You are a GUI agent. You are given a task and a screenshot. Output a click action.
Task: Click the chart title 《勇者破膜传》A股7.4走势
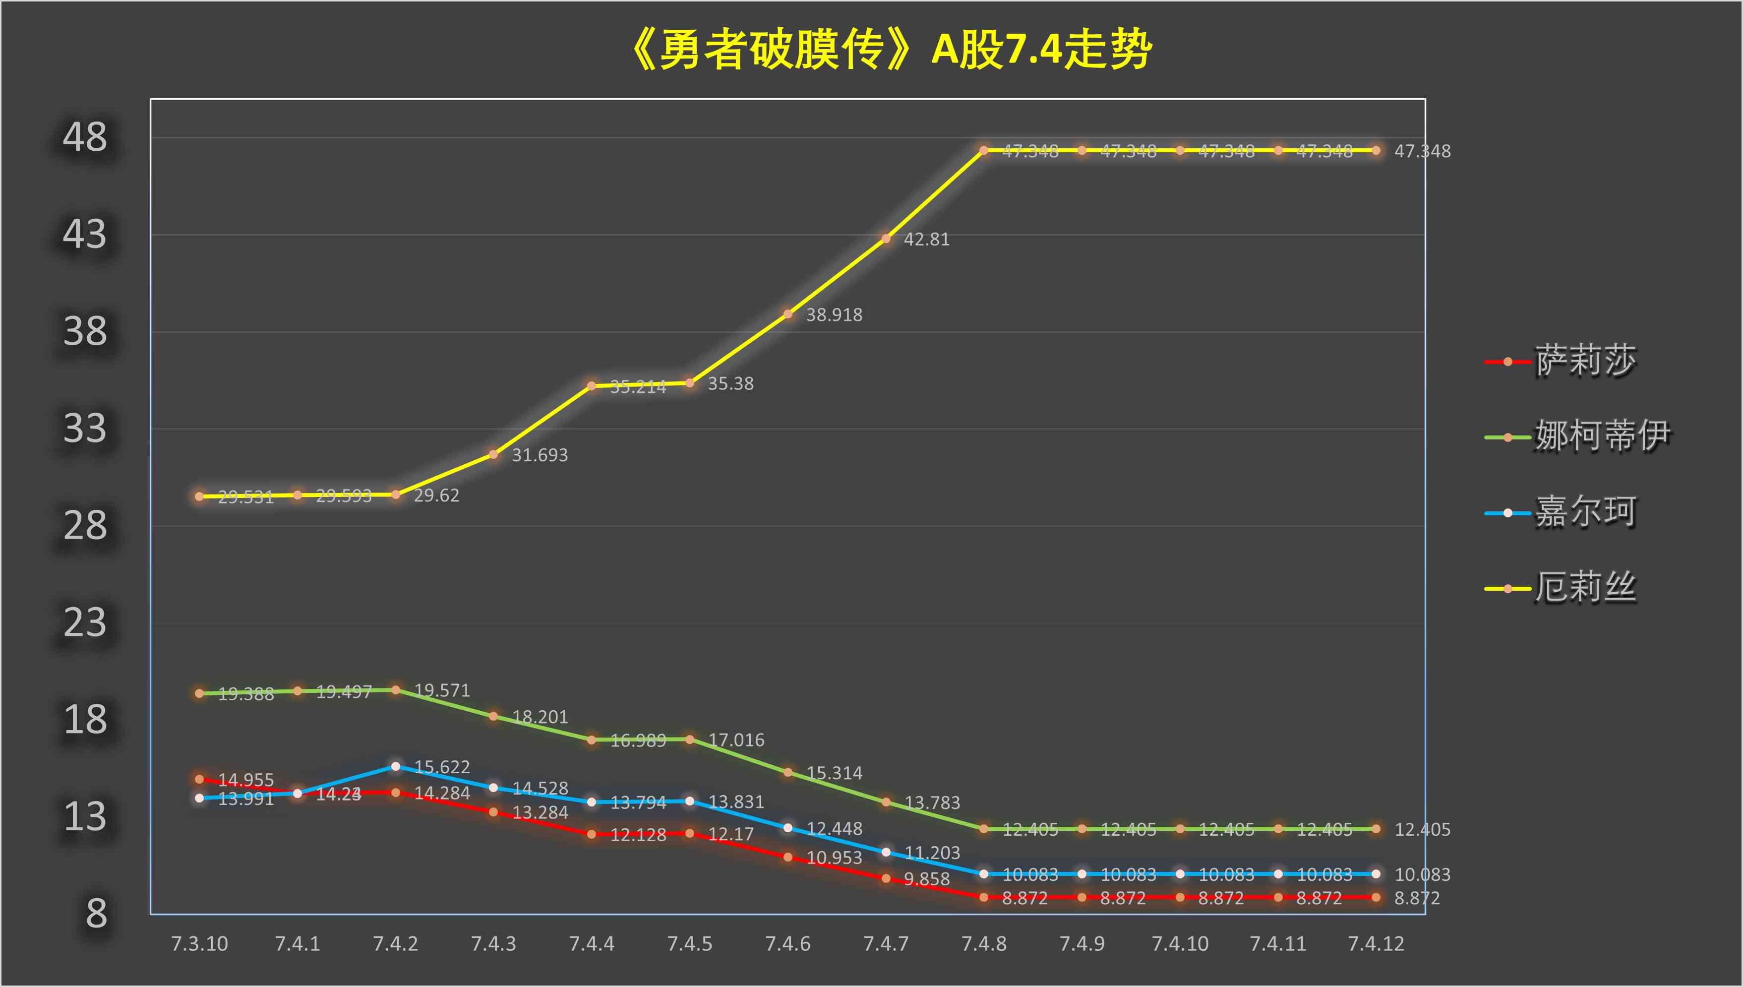pos(891,50)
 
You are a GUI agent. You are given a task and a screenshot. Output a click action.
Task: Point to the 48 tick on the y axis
pos(85,137)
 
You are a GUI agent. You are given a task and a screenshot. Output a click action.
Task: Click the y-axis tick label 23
pos(85,623)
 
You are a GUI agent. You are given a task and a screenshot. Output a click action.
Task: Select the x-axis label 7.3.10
pos(199,944)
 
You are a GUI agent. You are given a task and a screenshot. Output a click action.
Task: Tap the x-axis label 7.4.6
pos(787,944)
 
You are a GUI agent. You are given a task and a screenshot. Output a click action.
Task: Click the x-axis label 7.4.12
pos(1376,944)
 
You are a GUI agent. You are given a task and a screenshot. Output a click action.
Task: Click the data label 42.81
pos(926,239)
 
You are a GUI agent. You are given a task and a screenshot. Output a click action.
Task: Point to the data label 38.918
pos(834,315)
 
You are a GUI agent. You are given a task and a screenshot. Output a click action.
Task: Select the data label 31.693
pos(540,455)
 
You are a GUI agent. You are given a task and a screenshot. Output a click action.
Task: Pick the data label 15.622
pos(442,767)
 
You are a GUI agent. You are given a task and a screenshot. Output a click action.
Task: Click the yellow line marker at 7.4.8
pos(983,150)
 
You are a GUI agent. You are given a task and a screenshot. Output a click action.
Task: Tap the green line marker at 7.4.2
pos(396,690)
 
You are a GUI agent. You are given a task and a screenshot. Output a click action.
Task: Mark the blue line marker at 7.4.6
pos(787,828)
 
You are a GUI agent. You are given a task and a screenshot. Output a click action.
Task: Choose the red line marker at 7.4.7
pos(886,878)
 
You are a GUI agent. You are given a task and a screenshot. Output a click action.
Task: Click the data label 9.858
pos(926,879)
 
